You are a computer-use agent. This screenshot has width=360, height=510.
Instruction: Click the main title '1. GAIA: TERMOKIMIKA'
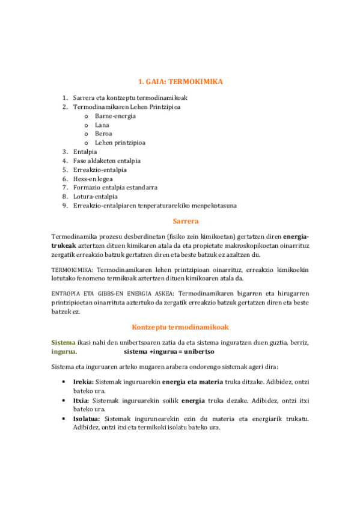click(x=180, y=81)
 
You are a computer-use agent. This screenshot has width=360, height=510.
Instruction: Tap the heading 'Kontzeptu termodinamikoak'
click(x=180, y=327)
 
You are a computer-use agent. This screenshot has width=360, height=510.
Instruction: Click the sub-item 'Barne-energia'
click(x=115, y=115)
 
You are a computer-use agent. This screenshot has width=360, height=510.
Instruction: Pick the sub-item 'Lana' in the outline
click(x=102, y=124)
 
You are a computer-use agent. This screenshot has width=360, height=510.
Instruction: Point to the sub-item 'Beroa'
click(x=103, y=134)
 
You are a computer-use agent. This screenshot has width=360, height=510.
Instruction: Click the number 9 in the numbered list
click(x=64, y=205)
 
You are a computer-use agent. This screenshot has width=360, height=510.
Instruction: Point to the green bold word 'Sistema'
click(x=63, y=342)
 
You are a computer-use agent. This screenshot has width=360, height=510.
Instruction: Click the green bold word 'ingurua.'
click(x=64, y=351)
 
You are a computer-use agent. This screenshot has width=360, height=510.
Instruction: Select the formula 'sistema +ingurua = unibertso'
click(x=177, y=351)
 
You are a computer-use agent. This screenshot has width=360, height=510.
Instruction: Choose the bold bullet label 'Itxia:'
click(x=82, y=400)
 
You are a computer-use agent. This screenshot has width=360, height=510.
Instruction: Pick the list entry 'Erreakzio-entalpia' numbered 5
click(x=100, y=170)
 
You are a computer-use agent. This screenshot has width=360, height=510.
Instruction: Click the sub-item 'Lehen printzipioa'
click(x=120, y=143)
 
